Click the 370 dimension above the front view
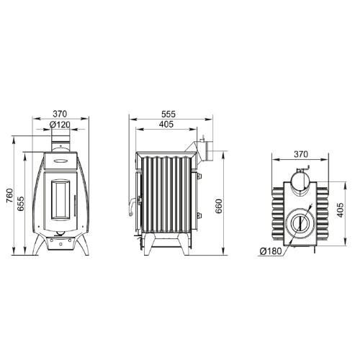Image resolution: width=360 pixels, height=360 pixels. pos(60,114)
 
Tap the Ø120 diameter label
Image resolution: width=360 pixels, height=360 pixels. pos(60,125)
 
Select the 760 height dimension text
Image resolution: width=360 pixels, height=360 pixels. pos(9,196)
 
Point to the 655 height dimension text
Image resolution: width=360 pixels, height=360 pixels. pos(21,204)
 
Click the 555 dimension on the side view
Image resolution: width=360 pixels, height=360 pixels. pos(168,114)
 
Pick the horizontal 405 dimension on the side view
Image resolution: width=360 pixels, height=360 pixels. pos(166,125)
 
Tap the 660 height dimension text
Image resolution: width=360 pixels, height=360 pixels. pos(219,206)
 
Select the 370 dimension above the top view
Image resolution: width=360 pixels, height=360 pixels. pos(301,154)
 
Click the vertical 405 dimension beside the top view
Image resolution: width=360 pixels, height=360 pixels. pos(341,210)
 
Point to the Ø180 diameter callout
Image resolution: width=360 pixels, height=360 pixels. pos(271,251)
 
